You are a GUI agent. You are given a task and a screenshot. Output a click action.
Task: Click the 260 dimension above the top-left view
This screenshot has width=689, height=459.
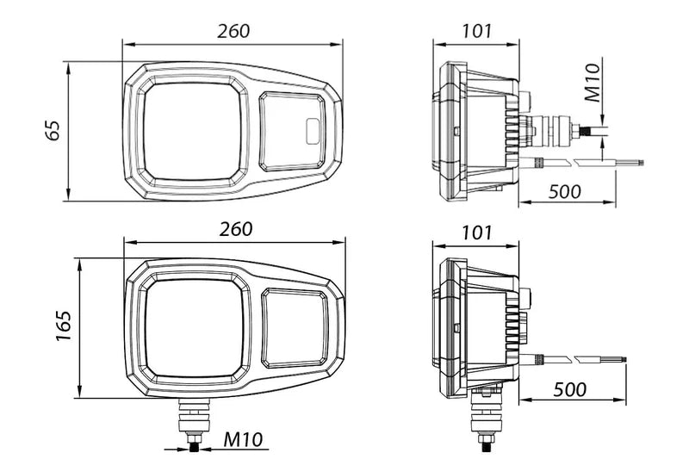[233, 31]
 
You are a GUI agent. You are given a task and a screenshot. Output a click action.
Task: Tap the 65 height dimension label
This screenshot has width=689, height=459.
[53, 130]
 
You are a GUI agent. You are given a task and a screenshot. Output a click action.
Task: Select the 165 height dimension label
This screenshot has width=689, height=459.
[64, 326]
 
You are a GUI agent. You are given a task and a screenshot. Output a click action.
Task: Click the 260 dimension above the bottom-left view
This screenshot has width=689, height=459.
[236, 229]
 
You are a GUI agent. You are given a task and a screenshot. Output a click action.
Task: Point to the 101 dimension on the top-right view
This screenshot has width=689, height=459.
[477, 31]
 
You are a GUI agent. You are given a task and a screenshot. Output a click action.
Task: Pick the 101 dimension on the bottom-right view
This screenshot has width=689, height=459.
[477, 233]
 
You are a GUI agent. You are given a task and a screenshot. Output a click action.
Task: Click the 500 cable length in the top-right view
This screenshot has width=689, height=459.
[565, 191]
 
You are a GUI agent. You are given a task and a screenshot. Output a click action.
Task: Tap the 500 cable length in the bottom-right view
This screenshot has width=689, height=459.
[569, 389]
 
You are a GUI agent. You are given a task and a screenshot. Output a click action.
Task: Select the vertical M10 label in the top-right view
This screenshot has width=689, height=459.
[593, 83]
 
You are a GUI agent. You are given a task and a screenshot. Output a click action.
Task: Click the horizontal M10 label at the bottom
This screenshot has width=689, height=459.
[243, 439]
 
